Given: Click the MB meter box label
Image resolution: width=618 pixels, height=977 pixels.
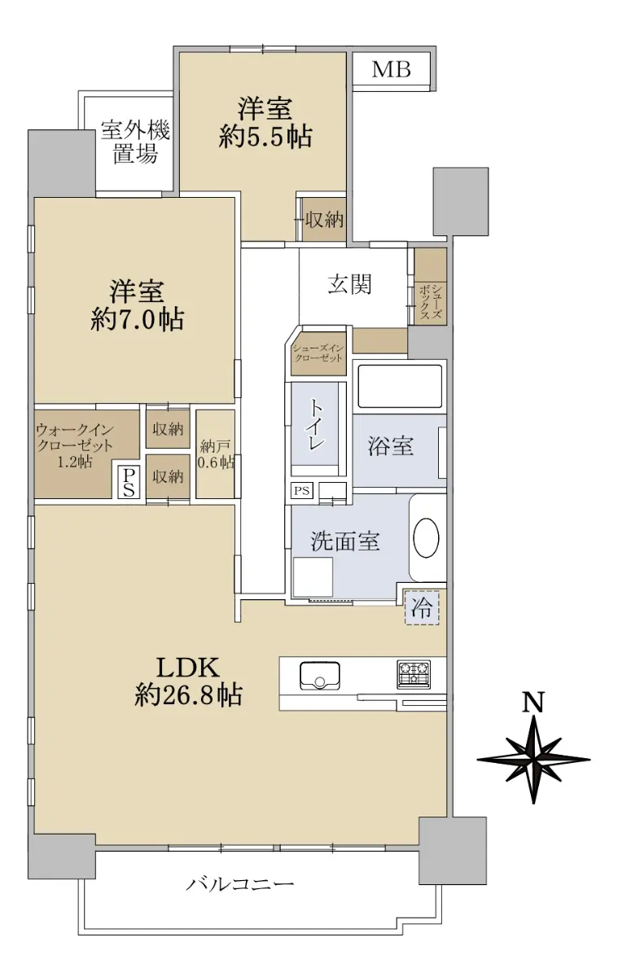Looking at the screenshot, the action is click(x=391, y=69).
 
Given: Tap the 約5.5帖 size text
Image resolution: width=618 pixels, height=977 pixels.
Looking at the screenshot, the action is click(x=265, y=137).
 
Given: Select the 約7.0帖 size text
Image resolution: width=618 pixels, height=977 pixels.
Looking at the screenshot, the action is click(x=137, y=319).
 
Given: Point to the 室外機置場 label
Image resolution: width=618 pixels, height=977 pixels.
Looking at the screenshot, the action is click(x=135, y=142).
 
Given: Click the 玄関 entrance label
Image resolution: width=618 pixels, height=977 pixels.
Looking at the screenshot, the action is click(x=350, y=284).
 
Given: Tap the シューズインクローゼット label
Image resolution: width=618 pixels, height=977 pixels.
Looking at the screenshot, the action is click(x=318, y=353).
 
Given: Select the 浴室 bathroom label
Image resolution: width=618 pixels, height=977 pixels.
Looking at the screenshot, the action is click(x=390, y=446).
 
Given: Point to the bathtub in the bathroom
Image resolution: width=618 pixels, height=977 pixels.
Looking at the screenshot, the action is click(x=400, y=387).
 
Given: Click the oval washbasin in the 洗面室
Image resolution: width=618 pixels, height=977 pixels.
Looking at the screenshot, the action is click(x=426, y=537).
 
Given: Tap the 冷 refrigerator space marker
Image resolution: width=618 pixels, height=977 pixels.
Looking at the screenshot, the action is click(x=422, y=607).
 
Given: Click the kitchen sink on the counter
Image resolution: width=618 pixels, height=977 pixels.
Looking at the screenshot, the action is click(x=320, y=676).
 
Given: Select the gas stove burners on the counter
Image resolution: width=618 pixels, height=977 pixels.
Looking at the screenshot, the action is click(x=414, y=674).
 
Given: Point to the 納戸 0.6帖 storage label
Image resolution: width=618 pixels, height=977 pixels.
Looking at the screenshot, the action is click(x=216, y=454).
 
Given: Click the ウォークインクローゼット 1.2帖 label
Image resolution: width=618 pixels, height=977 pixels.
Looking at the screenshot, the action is click(x=75, y=445).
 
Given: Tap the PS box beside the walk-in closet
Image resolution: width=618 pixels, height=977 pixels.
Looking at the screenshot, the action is click(x=129, y=482).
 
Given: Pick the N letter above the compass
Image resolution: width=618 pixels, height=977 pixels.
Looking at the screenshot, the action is click(x=533, y=702).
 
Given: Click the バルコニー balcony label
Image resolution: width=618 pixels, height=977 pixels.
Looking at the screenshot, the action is click(x=240, y=884).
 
